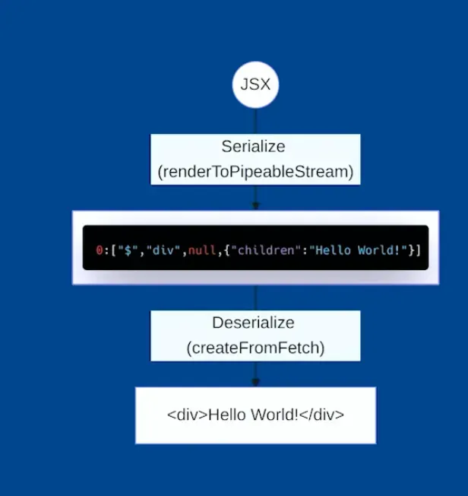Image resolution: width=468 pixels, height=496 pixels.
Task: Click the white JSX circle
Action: click(x=255, y=84)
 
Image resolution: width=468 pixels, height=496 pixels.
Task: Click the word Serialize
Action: click(x=254, y=147)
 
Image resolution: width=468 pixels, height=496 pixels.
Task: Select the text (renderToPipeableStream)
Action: click(x=255, y=172)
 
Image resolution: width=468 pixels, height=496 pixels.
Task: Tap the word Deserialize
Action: click(x=254, y=323)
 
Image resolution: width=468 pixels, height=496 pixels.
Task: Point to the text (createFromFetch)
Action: click(x=255, y=348)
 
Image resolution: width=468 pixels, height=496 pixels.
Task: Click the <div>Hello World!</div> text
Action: click(x=255, y=415)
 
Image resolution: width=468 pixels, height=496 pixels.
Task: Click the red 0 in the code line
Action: click(x=99, y=250)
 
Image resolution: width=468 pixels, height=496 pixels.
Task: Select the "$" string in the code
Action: click(x=123, y=250)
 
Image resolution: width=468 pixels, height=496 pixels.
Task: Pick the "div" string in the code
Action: click(x=160, y=250)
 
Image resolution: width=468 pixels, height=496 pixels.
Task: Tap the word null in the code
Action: click(x=202, y=250)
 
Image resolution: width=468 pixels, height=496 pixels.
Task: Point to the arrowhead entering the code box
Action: click(x=255, y=205)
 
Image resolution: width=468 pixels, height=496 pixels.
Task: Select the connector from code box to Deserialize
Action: click(x=255, y=297)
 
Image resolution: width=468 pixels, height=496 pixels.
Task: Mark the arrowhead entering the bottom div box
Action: click(x=255, y=382)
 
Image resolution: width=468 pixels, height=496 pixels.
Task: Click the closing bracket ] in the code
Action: click(x=418, y=250)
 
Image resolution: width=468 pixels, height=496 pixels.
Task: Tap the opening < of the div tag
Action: click(x=170, y=415)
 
